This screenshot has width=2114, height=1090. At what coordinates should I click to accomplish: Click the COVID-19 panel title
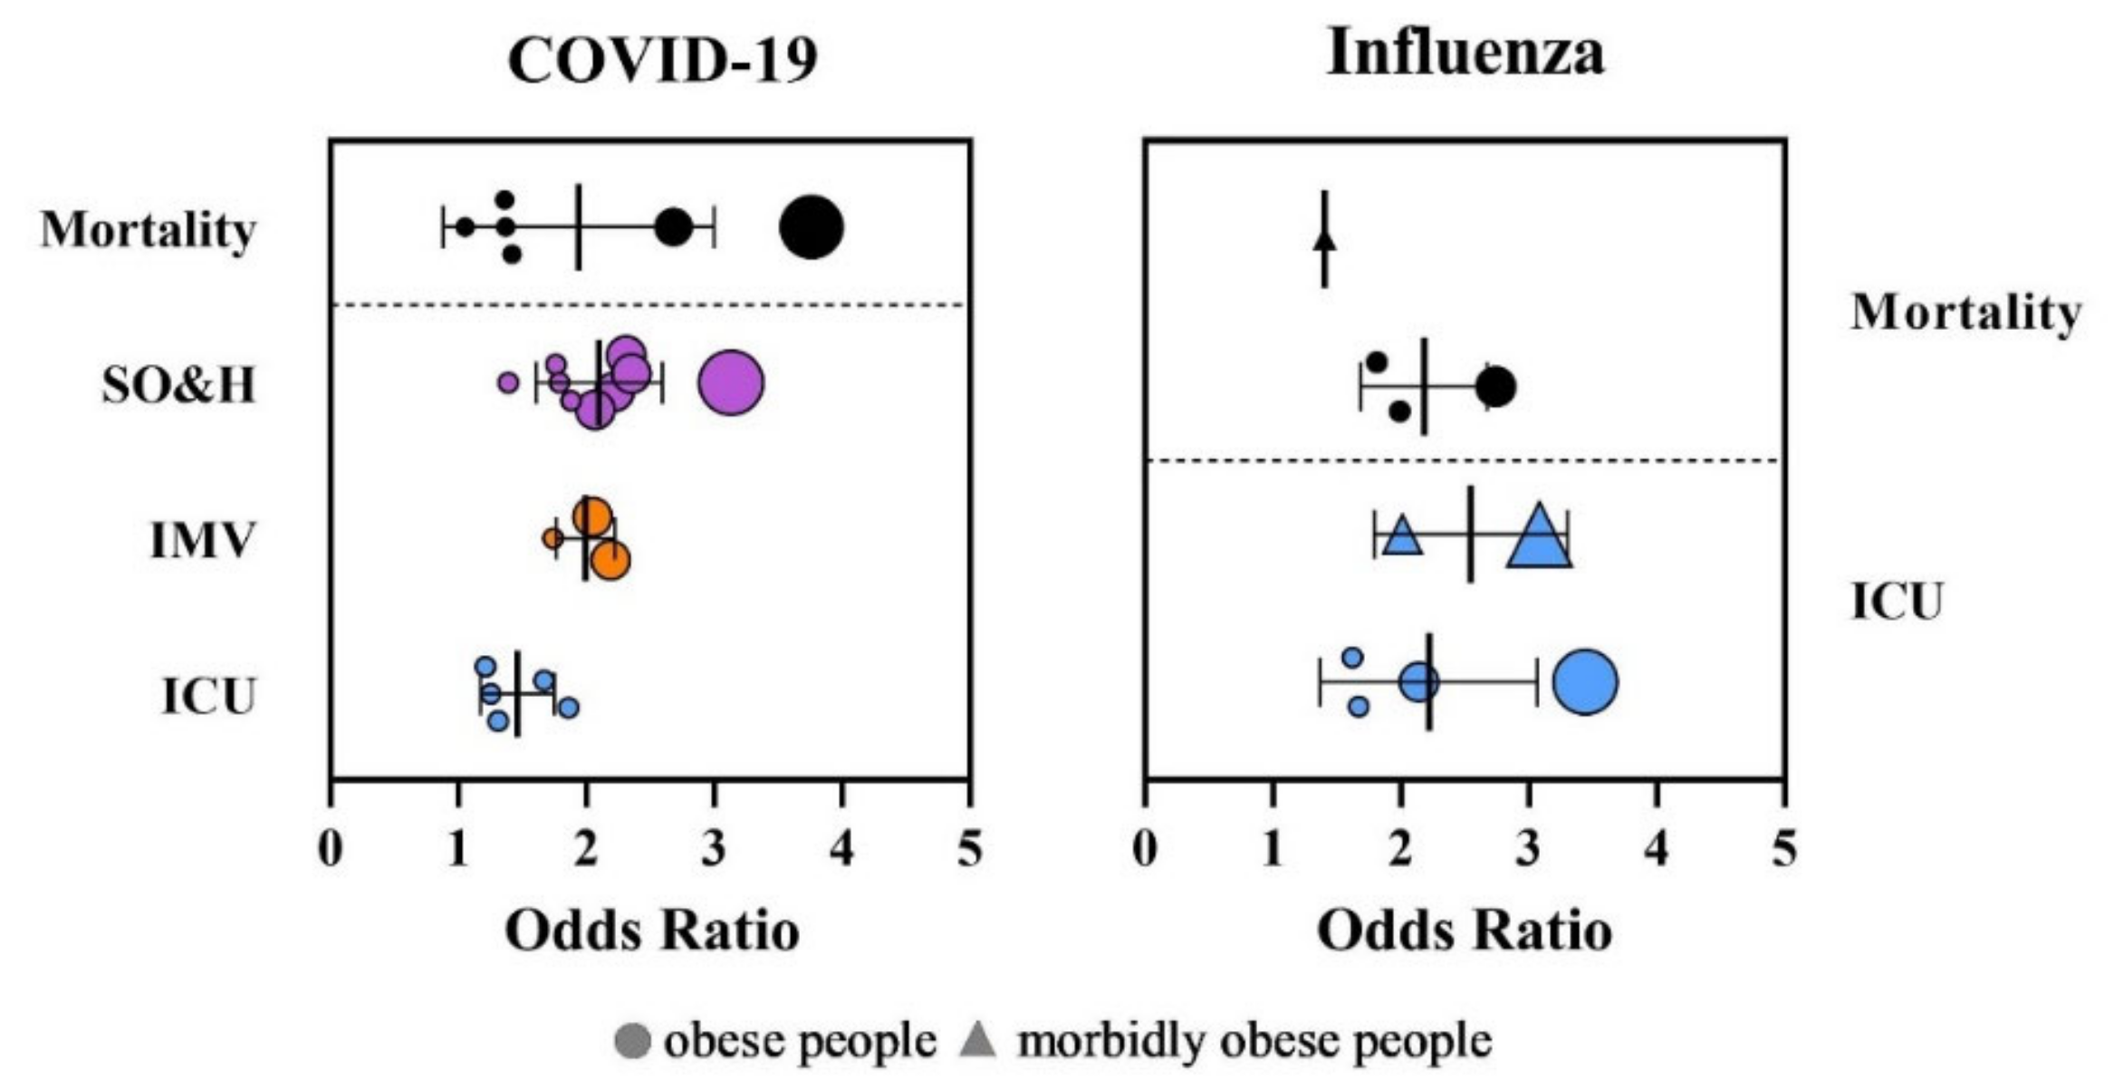[662, 60]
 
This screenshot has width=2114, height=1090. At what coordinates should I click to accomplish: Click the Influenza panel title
[1465, 52]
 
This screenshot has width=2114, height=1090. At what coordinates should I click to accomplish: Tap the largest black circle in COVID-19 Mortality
[812, 227]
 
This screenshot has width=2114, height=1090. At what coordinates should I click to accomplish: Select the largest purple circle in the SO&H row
[731, 382]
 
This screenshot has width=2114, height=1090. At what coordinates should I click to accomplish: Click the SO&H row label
[178, 385]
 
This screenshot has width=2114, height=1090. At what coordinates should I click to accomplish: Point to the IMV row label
[202, 541]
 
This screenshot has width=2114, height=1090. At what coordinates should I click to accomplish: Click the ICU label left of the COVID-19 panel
[208, 696]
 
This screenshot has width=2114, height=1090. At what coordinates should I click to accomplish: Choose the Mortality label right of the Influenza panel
[1965, 313]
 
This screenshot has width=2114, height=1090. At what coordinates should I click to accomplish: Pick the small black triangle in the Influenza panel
[1325, 240]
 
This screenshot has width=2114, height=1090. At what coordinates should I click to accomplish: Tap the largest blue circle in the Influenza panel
[1585, 682]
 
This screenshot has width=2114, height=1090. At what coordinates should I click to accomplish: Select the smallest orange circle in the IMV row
[553, 538]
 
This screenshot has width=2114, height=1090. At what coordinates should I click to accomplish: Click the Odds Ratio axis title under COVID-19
[652, 931]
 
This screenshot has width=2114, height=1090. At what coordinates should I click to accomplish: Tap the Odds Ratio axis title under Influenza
[1465, 931]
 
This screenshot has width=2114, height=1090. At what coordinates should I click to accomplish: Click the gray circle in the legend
[632, 1040]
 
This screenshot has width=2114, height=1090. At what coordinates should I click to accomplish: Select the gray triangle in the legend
[978, 1039]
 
